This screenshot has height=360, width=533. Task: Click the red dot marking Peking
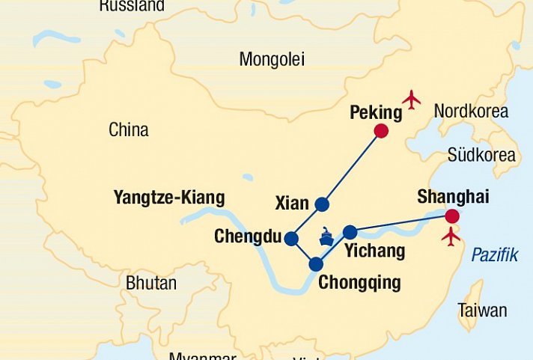point(381,132)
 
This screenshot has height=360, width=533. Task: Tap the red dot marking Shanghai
point(451,216)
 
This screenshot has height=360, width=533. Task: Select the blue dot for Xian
point(322,204)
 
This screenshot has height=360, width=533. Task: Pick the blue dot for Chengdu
point(291,239)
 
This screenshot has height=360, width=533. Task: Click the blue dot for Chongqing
point(316,263)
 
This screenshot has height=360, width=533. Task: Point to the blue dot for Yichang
point(350,232)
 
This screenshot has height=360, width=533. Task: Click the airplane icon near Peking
point(412,99)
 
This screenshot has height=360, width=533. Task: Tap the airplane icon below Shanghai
point(451,237)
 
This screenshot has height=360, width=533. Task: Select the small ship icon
point(326,237)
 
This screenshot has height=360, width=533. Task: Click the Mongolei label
point(272,59)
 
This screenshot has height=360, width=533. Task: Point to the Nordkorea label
point(471,112)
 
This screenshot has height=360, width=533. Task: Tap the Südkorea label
point(481,155)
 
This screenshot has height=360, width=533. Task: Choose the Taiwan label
point(482,310)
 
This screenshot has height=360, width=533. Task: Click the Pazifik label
point(494,255)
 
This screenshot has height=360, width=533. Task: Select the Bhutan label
point(151,284)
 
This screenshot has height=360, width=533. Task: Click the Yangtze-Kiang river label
point(168,198)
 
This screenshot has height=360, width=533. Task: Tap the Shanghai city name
point(453,197)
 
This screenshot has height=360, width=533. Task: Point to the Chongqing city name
point(359,283)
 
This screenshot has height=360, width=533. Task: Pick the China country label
point(129,129)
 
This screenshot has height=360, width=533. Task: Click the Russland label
point(132,7)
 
